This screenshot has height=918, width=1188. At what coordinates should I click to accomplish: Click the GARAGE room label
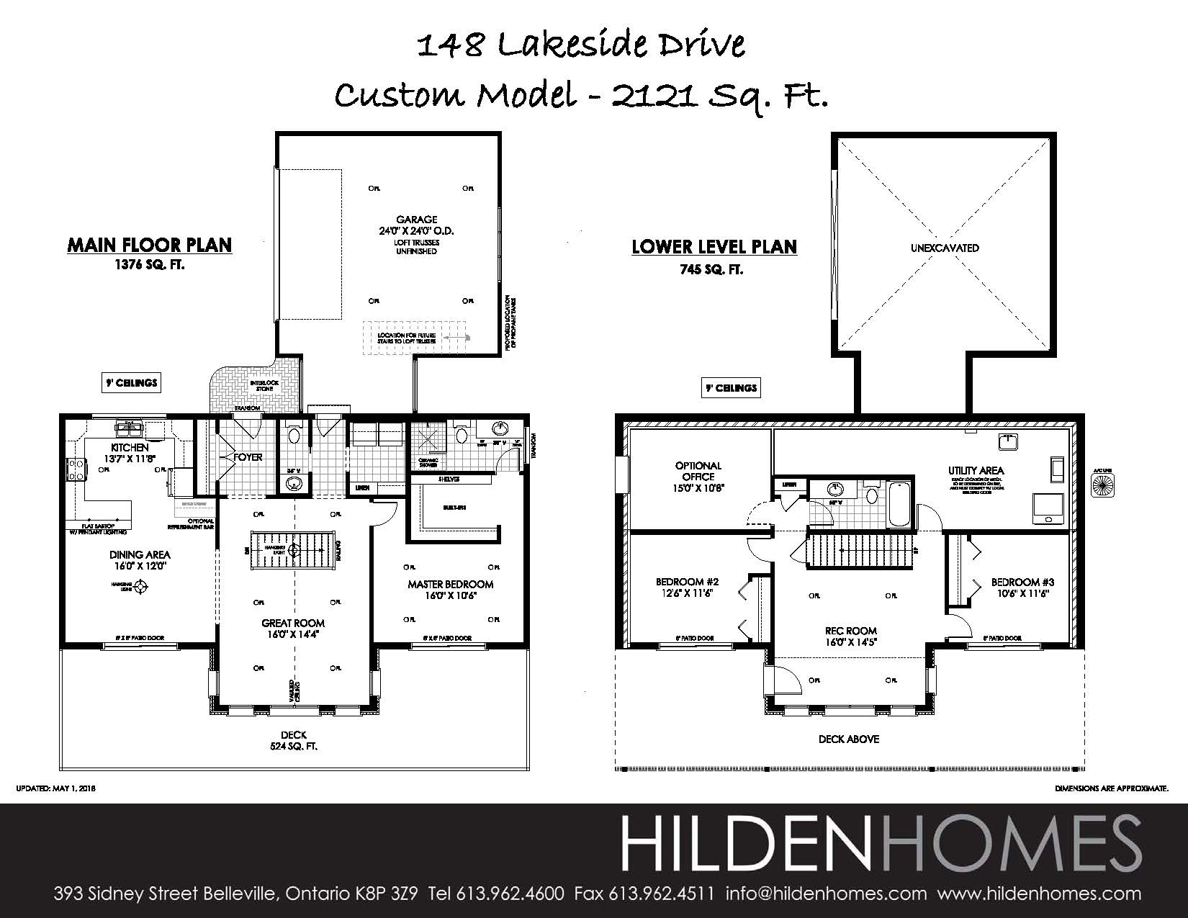click(x=416, y=220)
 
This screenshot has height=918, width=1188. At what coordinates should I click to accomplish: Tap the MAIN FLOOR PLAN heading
click(x=150, y=245)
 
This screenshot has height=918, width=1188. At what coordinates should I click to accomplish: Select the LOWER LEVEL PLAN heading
click(x=714, y=247)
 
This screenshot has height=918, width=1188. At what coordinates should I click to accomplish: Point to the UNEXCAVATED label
click(x=945, y=248)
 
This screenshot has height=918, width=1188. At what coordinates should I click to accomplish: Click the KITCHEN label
click(x=130, y=448)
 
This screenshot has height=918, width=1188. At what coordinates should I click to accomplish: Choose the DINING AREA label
click(x=140, y=554)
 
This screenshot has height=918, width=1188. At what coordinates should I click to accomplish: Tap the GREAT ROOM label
click(x=293, y=624)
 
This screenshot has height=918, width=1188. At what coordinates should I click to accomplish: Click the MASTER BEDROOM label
click(x=450, y=584)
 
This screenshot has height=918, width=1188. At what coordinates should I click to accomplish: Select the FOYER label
click(x=247, y=457)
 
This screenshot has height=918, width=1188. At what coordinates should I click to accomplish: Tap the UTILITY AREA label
click(x=976, y=470)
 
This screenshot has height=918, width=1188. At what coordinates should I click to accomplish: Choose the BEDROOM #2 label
click(x=687, y=582)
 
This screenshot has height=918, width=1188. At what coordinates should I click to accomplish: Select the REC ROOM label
click(x=850, y=631)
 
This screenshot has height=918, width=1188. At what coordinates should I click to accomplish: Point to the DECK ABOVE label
click(x=849, y=739)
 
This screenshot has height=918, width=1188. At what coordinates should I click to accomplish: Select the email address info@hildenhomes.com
click(x=826, y=894)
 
